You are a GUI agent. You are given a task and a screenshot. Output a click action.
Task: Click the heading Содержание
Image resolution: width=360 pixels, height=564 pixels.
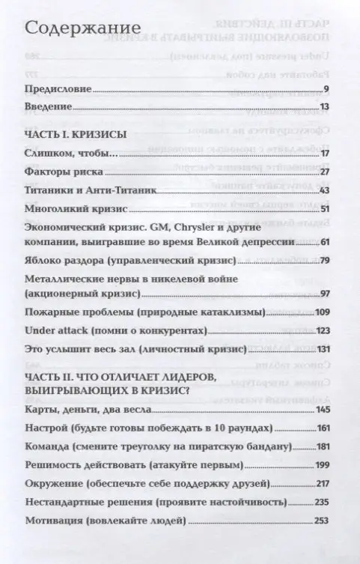tap(73, 28)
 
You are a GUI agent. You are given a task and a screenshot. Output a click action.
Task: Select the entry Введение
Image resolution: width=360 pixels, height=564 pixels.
tap(48, 107)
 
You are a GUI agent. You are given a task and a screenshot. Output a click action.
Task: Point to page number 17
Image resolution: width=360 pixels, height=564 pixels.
tap(324, 154)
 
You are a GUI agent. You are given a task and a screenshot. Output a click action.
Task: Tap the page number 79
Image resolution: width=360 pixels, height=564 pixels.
tap(324, 261)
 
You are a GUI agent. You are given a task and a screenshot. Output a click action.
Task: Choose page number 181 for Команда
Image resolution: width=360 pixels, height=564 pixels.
tap(323, 446)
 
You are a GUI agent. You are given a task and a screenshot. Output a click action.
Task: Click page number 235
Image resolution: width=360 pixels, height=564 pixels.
tap(323, 501)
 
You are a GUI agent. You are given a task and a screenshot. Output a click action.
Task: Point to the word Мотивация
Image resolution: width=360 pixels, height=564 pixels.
tap(55, 520)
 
